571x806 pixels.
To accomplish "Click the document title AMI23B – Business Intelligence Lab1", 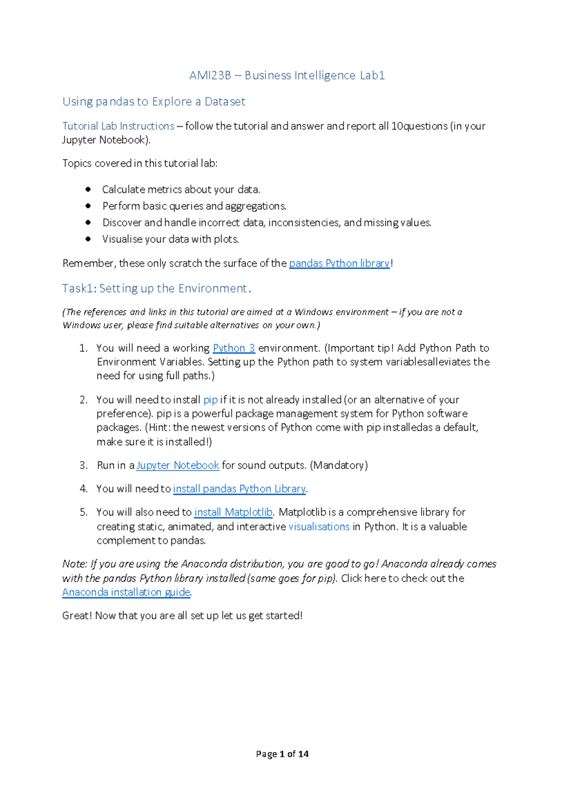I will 287,76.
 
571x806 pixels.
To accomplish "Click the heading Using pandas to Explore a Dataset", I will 154,102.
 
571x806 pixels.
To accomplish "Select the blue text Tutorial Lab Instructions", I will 118,126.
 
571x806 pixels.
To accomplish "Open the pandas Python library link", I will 339,263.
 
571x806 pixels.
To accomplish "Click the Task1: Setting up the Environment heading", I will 156,288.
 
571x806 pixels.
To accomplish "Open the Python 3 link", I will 234,348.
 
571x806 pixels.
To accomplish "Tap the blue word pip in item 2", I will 210,400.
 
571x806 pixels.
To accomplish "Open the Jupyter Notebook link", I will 177,465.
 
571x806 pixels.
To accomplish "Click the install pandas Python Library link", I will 239,489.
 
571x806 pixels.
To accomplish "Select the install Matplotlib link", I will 233,512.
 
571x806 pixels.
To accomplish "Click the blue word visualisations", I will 319,527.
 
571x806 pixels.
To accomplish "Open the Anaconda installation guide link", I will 126,592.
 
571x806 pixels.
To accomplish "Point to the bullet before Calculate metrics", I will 88,189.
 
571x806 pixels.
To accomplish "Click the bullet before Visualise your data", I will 88,239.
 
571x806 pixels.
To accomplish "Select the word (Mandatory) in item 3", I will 339,465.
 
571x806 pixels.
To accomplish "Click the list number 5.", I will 84,512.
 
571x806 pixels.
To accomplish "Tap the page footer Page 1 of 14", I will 282,754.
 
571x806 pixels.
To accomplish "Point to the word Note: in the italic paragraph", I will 75,564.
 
